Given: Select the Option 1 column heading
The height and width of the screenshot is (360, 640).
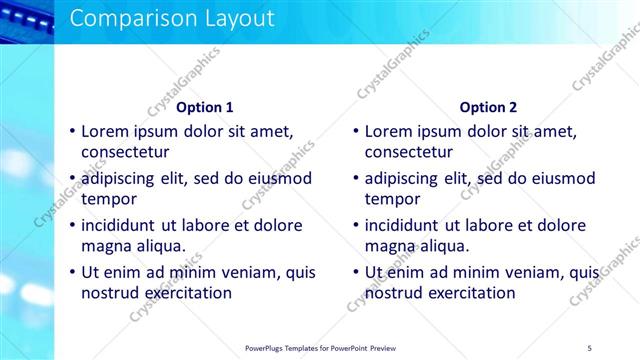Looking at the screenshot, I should (205, 107).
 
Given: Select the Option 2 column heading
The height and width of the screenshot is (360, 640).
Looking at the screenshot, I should (489, 107).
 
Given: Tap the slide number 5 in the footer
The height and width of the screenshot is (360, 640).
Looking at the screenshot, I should (589, 347).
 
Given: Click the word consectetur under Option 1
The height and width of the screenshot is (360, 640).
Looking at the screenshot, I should (125, 153).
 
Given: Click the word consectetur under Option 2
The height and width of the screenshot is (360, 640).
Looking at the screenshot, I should (409, 153).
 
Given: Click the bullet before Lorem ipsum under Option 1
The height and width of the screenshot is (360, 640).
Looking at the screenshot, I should (72, 131).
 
